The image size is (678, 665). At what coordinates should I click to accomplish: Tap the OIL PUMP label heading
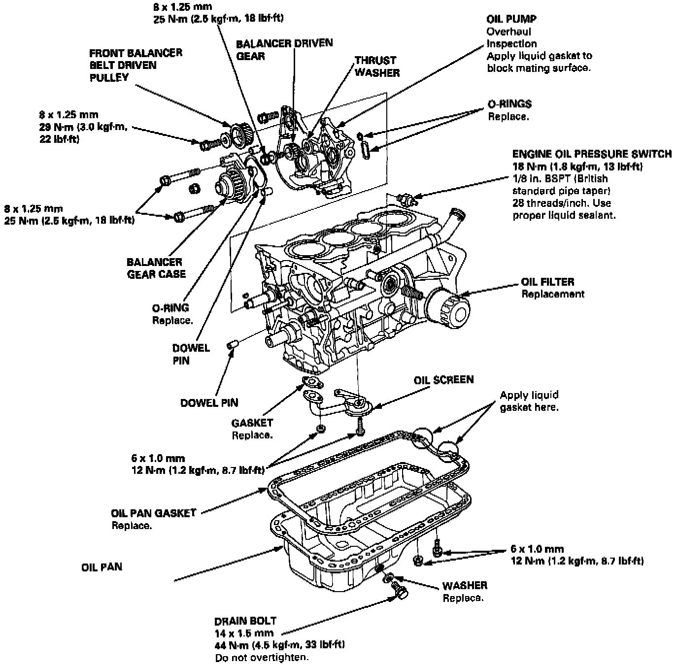(x=511, y=19)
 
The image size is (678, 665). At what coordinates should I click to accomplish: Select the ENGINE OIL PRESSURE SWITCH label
(x=591, y=154)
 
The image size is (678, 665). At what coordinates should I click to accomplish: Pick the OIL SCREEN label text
(x=443, y=380)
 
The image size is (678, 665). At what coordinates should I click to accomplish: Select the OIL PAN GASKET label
(x=154, y=513)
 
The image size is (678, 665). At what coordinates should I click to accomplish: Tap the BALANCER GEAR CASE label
(x=156, y=268)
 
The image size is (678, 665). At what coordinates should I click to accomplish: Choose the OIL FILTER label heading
(x=547, y=282)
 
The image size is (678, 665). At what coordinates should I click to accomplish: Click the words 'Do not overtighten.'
(x=262, y=658)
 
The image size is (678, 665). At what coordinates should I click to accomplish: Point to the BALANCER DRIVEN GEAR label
(x=284, y=49)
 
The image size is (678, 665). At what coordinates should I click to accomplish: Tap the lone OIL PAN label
(x=102, y=567)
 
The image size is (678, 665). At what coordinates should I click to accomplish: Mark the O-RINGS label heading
(x=509, y=104)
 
